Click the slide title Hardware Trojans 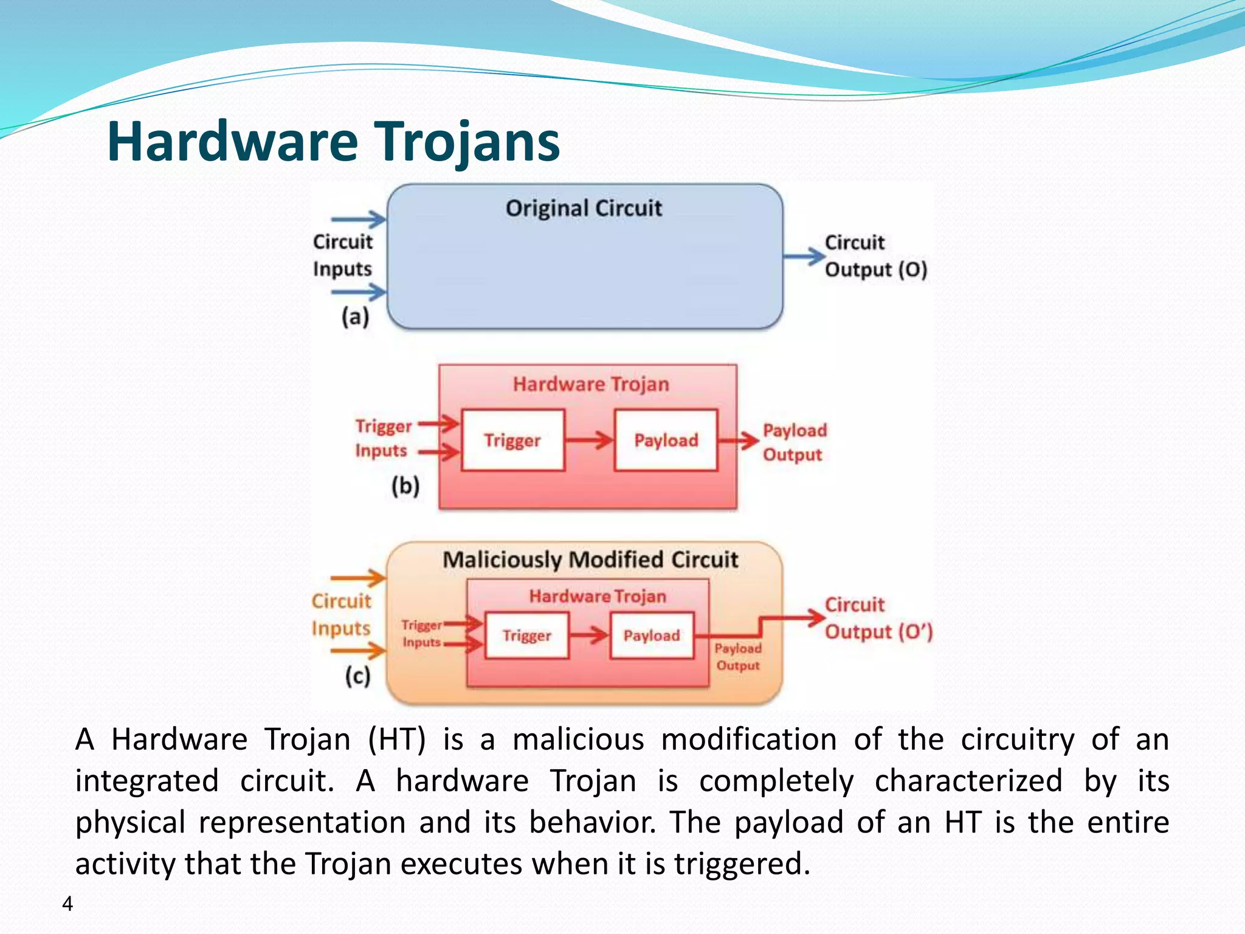333,142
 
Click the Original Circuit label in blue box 584,209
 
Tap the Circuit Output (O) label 875,256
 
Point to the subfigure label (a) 355,317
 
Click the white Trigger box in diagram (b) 512,440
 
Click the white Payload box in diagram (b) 666,440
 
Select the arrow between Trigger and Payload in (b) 588,440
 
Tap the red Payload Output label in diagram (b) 795,442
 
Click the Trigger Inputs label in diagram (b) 383,438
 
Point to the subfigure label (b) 405,486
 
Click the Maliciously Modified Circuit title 590,559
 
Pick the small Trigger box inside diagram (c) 526,635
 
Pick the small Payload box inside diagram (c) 652,635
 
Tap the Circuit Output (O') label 878,618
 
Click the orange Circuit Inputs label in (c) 341,615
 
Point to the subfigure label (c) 357,676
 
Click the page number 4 67,904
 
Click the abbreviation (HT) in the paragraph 396,740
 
